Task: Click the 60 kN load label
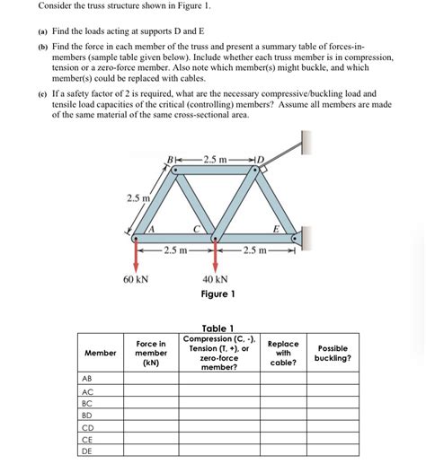pos(135,279)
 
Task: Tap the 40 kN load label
pos(216,279)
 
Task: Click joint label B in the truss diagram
pos(170,160)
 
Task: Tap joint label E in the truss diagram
pos(277,229)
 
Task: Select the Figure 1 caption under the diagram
pos(217,294)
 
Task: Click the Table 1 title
pos(218,328)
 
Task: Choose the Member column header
pos(100,353)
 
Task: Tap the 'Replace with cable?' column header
pos(283,353)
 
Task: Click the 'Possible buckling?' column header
pos(333,353)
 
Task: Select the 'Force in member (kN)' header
pos(150,353)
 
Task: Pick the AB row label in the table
pos(87,379)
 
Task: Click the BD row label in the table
pos(87,415)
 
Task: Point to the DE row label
pos(87,451)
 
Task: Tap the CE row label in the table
pos(87,439)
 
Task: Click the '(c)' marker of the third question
pos(42,92)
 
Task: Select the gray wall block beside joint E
pos(306,237)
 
